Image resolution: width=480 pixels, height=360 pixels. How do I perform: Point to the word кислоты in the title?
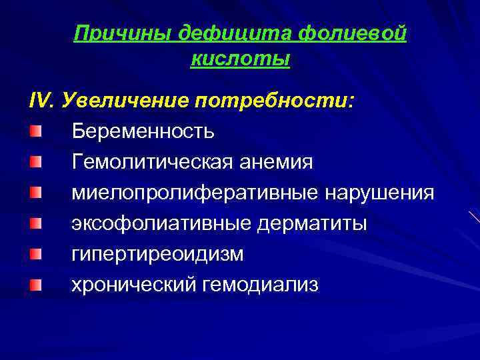pyautogui.click(x=240, y=59)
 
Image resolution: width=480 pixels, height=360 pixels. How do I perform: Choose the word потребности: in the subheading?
pyautogui.click(x=275, y=100)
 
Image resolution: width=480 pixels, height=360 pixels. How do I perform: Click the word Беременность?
pyautogui.click(x=143, y=131)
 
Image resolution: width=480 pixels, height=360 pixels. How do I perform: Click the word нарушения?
pyautogui.click(x=379, y=193)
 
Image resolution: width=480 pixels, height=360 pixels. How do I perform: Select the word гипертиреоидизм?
pyautogui.click(x=158, y=255)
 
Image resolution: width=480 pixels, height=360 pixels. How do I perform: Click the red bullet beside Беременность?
pyautogui.click(x=35, y=130)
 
